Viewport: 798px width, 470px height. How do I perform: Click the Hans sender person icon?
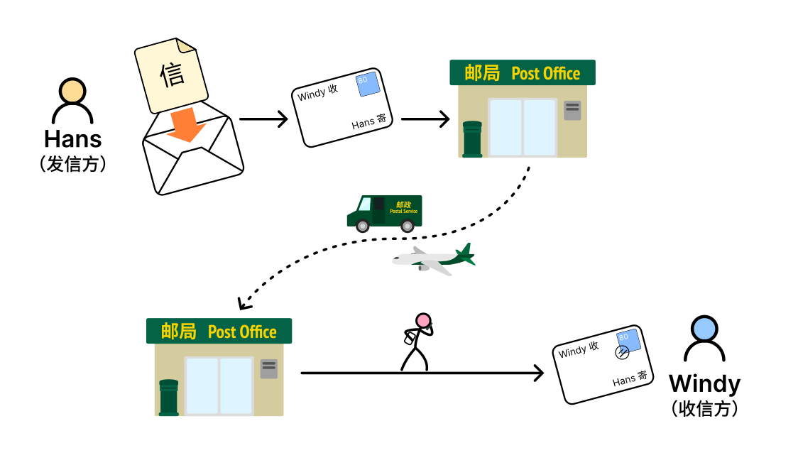pos(72,101)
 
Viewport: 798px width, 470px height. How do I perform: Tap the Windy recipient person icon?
pos(704,339)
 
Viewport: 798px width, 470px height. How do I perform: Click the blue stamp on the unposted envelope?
pos(367,85)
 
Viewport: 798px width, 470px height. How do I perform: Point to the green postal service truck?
pos(385,213)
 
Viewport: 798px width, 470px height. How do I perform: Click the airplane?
pos(433,261)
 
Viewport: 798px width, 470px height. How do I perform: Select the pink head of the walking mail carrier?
pos(423,321)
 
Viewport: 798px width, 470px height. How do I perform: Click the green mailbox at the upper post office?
pos(472,139)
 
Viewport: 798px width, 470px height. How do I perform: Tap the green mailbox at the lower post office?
pos(168,397)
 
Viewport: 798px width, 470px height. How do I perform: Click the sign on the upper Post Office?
pos(522,73)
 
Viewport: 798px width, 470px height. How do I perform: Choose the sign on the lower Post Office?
pos(219,332)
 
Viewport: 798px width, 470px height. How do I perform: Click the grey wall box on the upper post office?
pos(572,110)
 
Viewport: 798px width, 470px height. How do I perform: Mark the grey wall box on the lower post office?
pos(269,368)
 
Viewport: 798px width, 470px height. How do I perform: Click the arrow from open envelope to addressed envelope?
pos(263,119)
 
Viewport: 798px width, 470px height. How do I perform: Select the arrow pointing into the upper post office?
pos(425,119)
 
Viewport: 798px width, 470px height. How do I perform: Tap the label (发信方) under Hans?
pos(72,165)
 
